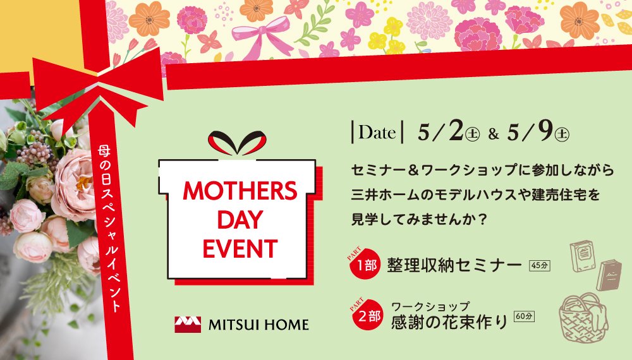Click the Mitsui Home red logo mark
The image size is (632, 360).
coord(188,325)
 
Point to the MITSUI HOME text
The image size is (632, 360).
coord(258,325)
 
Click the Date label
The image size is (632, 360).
coord(377,134)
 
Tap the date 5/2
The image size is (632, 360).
coord(442,133)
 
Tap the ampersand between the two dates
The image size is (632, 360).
coord(494,135)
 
